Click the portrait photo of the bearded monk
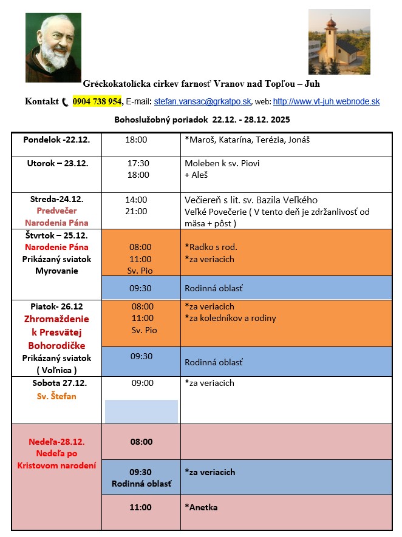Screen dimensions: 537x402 coord(53,47)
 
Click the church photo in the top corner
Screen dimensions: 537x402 coord(339,41)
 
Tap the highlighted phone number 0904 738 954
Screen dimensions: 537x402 coord(97,101)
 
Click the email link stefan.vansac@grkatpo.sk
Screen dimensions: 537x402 coord(202,102)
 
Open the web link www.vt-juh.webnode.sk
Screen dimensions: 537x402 coord(326,102)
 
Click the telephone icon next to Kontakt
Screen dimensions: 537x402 coord(66,102)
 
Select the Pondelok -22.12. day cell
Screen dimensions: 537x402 coord(56,140)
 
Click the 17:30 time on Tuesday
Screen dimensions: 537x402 coord(138,163)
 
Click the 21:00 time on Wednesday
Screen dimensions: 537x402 coord(136,211)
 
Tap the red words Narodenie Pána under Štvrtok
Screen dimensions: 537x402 coord(56,247)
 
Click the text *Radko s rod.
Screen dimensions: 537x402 coord(211,247)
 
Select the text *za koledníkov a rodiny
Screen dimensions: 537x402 coord(230,318)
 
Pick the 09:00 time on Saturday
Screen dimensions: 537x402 coord(143,383)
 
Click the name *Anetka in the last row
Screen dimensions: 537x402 coord(201,507)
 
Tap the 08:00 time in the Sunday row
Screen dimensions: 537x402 coord(141,442)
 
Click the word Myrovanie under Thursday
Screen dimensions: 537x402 coord(56,271)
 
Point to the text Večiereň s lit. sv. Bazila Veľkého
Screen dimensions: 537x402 coord(251,200)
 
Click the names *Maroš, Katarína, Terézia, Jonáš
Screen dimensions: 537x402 coord(239,140)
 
